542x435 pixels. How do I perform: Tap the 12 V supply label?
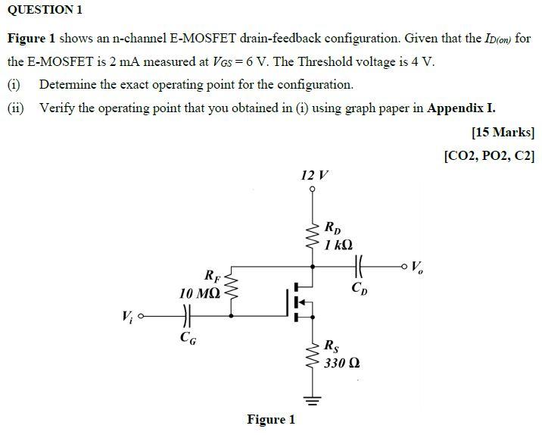314,176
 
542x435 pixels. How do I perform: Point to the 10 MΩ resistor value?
200,293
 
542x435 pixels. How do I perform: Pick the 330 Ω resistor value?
341,363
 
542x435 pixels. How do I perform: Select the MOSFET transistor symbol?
299,302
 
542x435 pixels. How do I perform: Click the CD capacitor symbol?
359,266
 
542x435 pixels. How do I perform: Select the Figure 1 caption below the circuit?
270,419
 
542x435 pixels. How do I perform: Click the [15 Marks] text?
503,133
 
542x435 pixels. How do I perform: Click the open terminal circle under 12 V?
313,190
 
